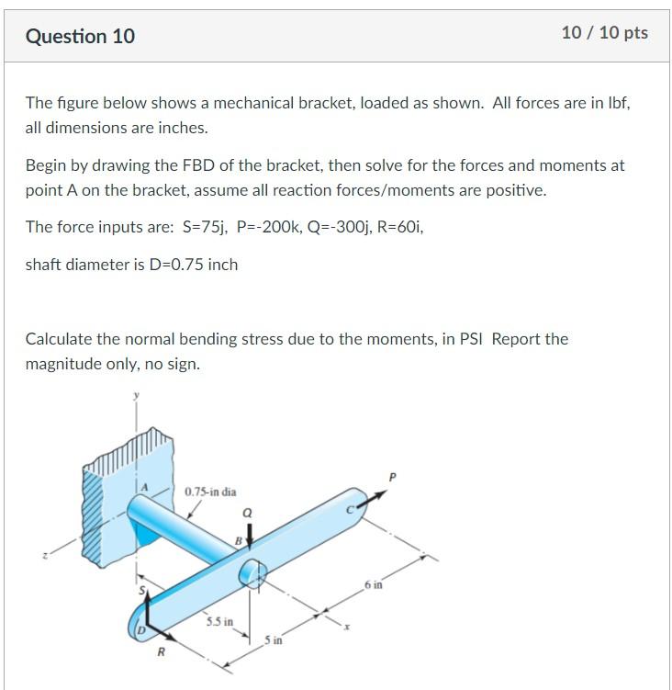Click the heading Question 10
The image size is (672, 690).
[80, 36]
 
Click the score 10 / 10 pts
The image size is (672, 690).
[604, 33]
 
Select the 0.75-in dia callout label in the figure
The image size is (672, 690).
[210, 492]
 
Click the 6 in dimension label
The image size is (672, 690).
[373, 584]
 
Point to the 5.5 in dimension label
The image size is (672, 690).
[218, 622]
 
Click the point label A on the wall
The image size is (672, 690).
[143, 485]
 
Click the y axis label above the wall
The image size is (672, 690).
[137, 397]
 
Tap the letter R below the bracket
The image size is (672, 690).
[161, 653]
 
